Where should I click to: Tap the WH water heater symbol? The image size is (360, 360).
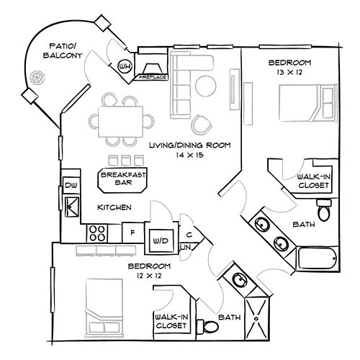(125, 67)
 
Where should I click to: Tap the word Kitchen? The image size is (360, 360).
(114, 207)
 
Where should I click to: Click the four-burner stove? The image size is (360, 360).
(97, 233)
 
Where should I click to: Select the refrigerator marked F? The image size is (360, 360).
(132, 233)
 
